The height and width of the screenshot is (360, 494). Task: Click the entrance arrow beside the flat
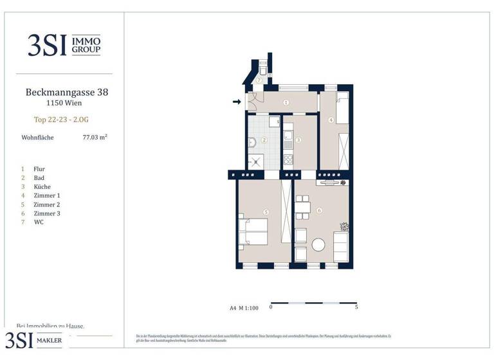click(237, 102)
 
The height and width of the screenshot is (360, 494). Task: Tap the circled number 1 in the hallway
click(286, 102)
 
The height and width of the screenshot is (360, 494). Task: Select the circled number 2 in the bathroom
click(264, 140)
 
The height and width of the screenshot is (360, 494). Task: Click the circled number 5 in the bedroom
click(265, 212)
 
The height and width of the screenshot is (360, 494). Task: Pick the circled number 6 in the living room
click(320, 212)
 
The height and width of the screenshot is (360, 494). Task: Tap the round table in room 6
click(320, 244)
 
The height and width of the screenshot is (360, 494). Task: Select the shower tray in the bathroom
click(255, 161)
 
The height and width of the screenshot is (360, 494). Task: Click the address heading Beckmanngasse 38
click(66, 92)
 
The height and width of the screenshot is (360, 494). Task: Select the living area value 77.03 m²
click(95, 137)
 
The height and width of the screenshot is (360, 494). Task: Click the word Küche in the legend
click(42, 186)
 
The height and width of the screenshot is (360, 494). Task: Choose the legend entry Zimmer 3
click(46, 213)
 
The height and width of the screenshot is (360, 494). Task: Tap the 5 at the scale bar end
click(356, 307)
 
